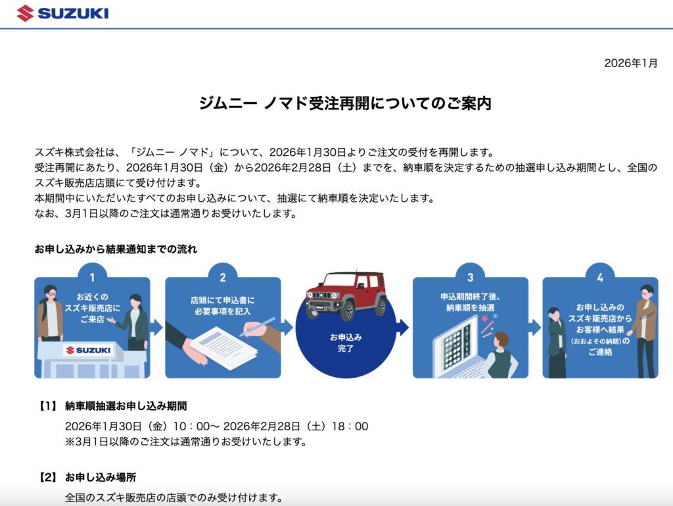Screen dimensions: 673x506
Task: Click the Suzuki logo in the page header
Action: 62,13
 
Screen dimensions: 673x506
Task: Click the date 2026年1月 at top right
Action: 630,63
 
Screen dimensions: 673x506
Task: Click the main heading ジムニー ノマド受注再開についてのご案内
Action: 345,103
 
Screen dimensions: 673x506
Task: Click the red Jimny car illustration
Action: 346,295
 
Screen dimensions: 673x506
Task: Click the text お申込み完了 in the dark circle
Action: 346,343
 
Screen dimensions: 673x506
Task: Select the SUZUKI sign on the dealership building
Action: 89,350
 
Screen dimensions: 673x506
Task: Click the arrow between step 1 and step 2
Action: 157,327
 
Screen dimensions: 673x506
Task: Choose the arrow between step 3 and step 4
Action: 535,327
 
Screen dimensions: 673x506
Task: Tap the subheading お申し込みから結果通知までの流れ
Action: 116,249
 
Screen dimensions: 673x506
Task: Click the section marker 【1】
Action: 47,406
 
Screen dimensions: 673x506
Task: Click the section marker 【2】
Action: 47,477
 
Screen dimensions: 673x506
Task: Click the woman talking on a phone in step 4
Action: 557,342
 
